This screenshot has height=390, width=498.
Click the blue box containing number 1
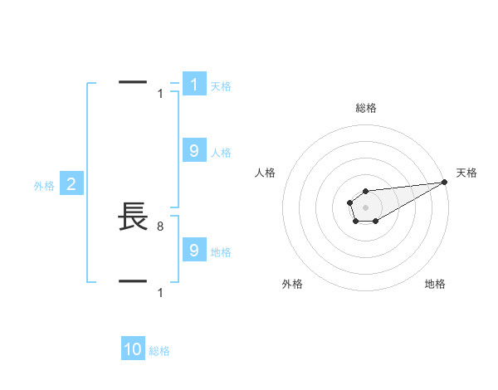(194, 85)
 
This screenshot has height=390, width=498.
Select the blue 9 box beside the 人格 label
(194, 151)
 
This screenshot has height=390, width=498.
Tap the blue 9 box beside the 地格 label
(194, 250)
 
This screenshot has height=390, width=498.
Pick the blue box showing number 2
(71, 184)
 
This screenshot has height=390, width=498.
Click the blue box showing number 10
(133, 349)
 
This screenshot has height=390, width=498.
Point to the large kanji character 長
(134, 217)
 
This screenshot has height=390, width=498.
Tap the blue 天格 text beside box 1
(221, 85)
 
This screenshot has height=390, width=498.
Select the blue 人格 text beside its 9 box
(221, 152)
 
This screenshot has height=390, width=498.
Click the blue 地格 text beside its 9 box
(221, 251)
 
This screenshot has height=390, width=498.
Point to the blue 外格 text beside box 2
(44, 186)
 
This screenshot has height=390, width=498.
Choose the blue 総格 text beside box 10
(159, 351)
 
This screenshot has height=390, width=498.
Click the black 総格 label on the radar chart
(366, 108)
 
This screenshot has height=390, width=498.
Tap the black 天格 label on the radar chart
(466, 173)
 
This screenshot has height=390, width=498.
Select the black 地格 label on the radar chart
(435, 284)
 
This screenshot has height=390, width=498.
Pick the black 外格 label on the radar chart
(292, 284)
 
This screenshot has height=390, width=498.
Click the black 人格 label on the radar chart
(266, 173)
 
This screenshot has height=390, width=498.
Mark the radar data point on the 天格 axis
(444, 182)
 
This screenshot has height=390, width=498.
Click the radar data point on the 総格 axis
(366, 191)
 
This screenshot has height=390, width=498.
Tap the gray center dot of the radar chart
(366, 207)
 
